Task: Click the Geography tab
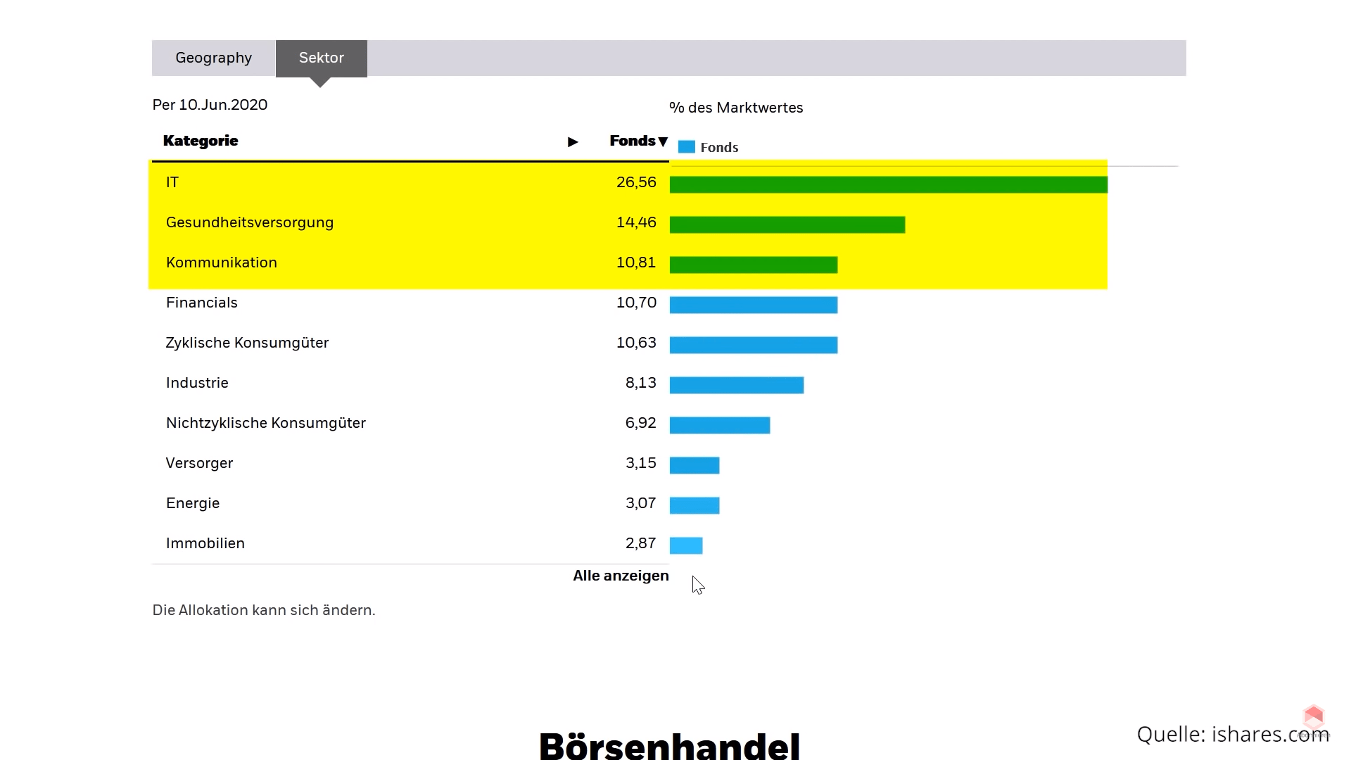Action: coord(213,58)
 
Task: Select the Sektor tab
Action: coord(322,58)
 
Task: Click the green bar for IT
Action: coord(888,184)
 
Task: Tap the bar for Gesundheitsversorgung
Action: coord(787,224)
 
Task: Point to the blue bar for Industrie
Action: coord(736,385)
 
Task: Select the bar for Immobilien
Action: coord(686,545)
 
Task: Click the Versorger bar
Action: coord(694,465)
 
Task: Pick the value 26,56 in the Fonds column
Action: coord(636,182)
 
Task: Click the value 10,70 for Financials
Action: coord(636,303)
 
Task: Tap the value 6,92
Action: coord(640,423)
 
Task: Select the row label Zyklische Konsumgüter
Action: coord(247,343)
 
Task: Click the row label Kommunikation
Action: coord(222,262)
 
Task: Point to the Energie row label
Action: coord(193,503)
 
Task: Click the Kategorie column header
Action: coord(201,141)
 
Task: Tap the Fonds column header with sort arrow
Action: coord(638,141)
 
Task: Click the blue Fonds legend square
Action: coord(686,147)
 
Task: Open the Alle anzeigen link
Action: coord(621,576)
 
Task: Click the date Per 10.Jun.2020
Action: coord(210,105)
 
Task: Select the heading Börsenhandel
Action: coord(669,745)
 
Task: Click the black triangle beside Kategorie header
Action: coord(573,142)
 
